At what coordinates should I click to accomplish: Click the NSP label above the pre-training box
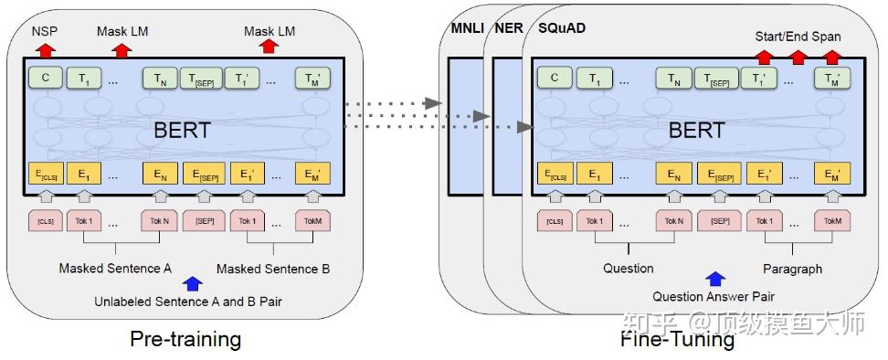click(x=45, y=30)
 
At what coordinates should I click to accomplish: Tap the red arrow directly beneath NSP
click(x=46, y=49)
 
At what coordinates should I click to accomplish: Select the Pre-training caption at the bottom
click(x=185, y=340)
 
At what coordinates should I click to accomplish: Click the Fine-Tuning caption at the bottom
click(x=677, y=340)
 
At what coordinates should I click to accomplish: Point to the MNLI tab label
click(x=467, y=28)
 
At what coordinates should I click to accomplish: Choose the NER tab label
click(x=509, y=28)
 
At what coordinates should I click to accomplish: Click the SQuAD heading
click(x=563, y=28)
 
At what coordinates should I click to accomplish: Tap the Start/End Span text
click(x=798, y=37)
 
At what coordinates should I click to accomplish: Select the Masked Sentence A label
click(x=115, y=269)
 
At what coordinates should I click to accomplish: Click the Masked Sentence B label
click(x=273, y=269)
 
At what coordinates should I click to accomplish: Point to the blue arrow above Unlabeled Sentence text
click(x=192, y=284)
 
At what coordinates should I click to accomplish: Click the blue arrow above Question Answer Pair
click(x=715, y=280)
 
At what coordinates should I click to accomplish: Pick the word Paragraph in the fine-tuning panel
click(x=792, y=269)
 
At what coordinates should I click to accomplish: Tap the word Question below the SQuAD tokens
click(x=629, y=269)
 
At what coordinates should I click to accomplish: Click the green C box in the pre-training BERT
click(x=45, y=78)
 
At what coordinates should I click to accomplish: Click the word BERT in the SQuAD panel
click(x=696, y=131)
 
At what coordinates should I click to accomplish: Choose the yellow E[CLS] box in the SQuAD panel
click(x=555, y=174)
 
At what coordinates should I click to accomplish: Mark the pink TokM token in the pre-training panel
click(x=312, y=220)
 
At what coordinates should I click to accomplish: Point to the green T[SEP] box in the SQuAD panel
click(x=718, y=79)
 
